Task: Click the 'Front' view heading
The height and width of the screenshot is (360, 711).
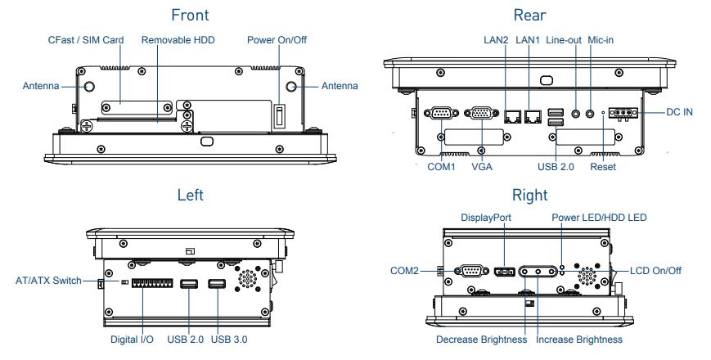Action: pos(190,15)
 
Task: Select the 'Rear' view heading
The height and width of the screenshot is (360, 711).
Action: pos(529,15)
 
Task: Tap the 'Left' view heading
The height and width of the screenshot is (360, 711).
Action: pos(190,195)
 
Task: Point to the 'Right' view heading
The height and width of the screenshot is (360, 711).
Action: pos(529,195)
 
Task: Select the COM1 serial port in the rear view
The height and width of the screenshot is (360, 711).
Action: pos(442,115)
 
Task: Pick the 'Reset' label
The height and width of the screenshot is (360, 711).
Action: pos(603,167)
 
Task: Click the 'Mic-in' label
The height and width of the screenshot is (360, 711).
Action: pos(601,39)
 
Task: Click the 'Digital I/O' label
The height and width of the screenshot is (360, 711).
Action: pos(133,340)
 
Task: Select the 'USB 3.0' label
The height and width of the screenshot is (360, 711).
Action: pos(230,340)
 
